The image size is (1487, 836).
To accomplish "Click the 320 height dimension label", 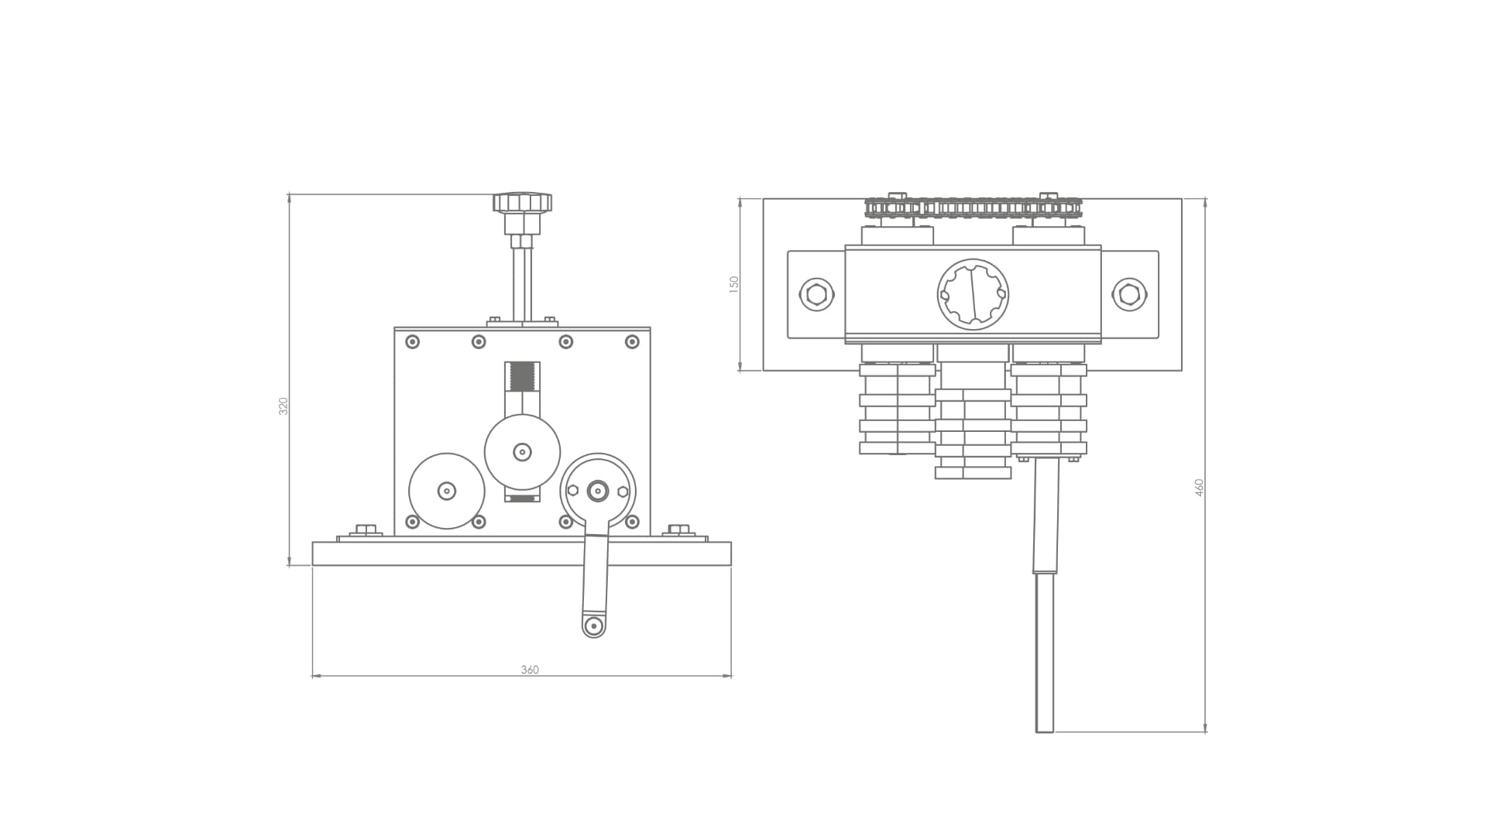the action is point(283,406).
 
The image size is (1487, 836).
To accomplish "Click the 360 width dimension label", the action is point(530,670).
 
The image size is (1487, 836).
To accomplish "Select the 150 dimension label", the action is point(734,283).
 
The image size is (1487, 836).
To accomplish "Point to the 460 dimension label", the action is point(1199,488).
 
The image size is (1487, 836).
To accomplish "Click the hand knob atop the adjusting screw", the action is point(522,204).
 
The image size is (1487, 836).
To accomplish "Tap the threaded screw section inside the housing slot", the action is point(523,377).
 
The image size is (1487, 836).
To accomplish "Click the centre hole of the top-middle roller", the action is point(522,451).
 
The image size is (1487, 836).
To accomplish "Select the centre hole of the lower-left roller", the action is point(447,491).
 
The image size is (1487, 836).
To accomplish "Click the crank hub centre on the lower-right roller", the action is point(598,491).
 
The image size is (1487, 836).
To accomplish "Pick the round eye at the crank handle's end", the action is point(594,625).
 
